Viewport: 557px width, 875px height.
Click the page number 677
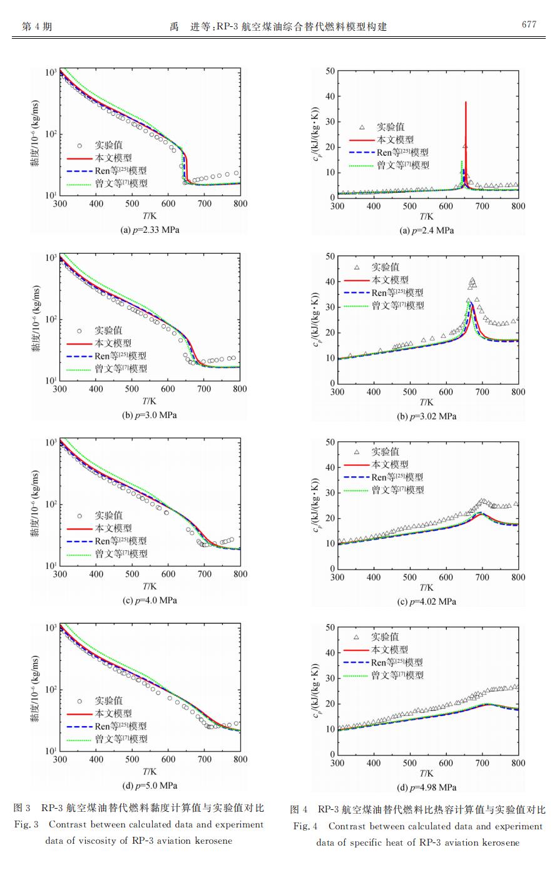[529, 25]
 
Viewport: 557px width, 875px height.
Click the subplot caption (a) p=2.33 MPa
[150, 230]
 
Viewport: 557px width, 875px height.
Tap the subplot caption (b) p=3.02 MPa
[427, 416]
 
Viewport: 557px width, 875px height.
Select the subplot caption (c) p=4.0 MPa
[150, 600]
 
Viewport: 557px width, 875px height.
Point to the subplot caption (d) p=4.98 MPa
[427, 787]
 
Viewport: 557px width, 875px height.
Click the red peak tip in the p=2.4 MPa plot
[466, 102]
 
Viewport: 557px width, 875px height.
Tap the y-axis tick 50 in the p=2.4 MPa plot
[330, 71]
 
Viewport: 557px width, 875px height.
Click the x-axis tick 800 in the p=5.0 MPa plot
[240, 759]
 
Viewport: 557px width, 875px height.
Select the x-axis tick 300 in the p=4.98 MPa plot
[337, 763]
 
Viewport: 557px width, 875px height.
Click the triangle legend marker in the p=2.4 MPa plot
[362, 127]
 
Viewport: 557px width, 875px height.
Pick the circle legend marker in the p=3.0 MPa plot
[79, 330]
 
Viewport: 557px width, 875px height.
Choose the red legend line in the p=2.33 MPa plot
[79, 158]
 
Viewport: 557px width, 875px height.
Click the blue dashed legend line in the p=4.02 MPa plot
[356, 478]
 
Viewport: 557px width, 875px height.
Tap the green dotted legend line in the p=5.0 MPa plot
[79, 739]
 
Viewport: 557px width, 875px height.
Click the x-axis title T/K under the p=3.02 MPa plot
[427, 402]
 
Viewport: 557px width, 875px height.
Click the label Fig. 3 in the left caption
[26, 825]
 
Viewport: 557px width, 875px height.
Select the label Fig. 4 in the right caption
[305, 827]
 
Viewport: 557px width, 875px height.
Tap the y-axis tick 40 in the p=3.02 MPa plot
[330, 282]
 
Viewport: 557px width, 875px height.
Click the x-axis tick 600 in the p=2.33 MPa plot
[168, 203]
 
